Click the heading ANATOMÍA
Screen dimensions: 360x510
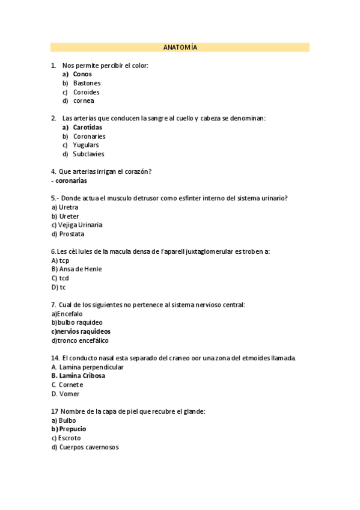180,48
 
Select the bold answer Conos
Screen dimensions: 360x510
82,74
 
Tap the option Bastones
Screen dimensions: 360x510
87,83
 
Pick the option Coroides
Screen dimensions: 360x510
86,92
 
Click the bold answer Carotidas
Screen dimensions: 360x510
87,127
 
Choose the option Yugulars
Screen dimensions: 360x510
86,145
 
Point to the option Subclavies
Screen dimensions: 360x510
88,154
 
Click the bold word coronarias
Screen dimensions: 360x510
71,180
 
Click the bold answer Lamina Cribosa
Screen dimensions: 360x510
82,376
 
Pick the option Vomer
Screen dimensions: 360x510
69,394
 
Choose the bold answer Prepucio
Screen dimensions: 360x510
72,429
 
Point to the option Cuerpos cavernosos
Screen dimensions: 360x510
88,447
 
